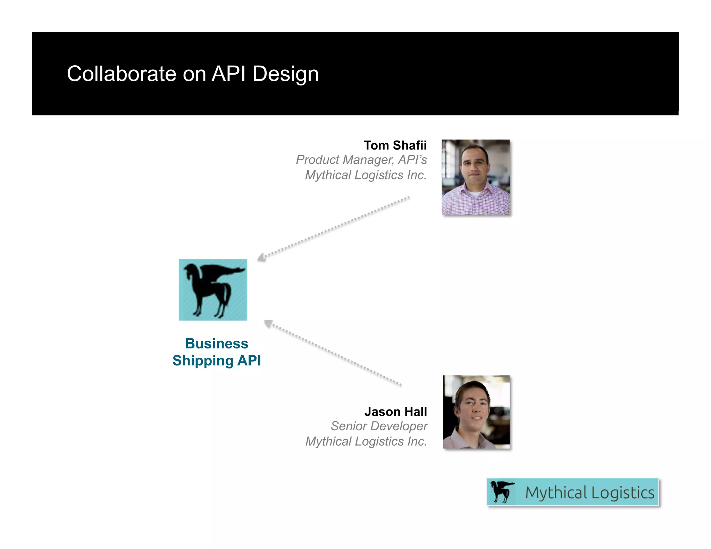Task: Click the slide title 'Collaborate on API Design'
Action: [x=193, y=74]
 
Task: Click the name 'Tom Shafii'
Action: [x=395, y=145]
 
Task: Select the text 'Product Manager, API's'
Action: [x=361, y=160]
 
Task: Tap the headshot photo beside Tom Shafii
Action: [x=475, y=177]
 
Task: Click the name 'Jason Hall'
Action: [x=395, y=412]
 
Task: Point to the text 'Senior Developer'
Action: [x=379, y=426]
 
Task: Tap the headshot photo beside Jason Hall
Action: [x=476, y=412]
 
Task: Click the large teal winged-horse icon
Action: [x=213, y=290]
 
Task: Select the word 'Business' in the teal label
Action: [x=217, y=344]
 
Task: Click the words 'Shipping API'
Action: [x=217, y=361]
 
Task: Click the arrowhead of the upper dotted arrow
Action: [x=261, y=257]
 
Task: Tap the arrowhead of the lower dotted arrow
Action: [x=268, y=323]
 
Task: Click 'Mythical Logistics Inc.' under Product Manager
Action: [x=366, y=175]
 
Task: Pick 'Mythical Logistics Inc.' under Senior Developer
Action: [x=366, y=441]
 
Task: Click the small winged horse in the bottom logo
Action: [x=502, y=492]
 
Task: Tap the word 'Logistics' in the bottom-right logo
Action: [x=622, y=493]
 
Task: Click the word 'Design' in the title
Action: [x=285, y=74]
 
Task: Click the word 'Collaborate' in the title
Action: [x=122, y=74]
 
